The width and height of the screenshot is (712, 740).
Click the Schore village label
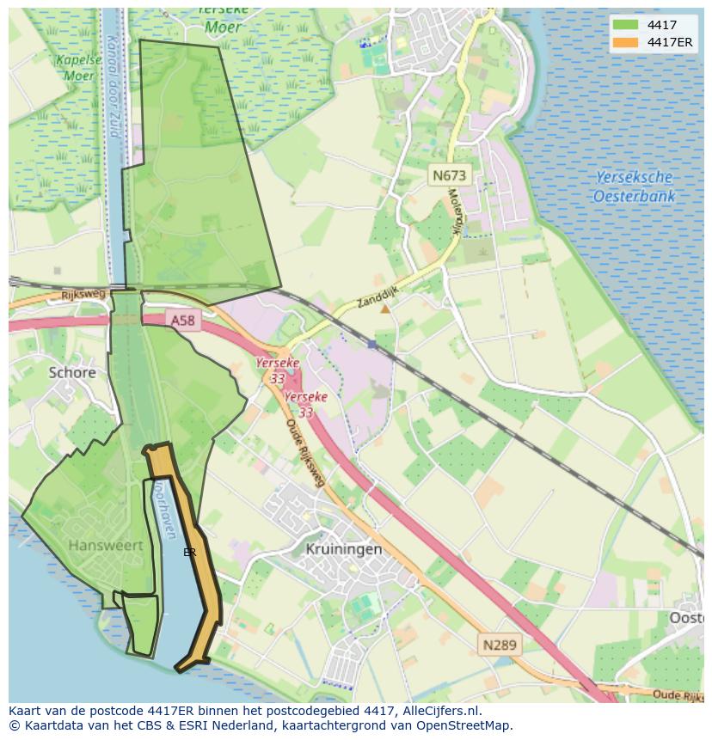coord(72,372)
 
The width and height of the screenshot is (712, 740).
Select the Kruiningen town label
coord(344,548)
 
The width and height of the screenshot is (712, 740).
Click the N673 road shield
coord(449,175)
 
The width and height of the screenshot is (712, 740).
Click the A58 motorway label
coord(182,320)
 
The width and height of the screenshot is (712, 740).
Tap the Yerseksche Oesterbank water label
coord(634,187)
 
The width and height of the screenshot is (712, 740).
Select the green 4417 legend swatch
coord(626,25)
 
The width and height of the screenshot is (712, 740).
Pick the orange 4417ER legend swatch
coord(626,42)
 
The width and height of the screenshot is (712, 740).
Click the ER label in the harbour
coord(189,553)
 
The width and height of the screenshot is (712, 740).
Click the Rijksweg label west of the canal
coord(83,294)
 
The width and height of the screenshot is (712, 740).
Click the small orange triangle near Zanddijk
coord(384,308)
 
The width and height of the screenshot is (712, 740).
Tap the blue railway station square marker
coord(371,344)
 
